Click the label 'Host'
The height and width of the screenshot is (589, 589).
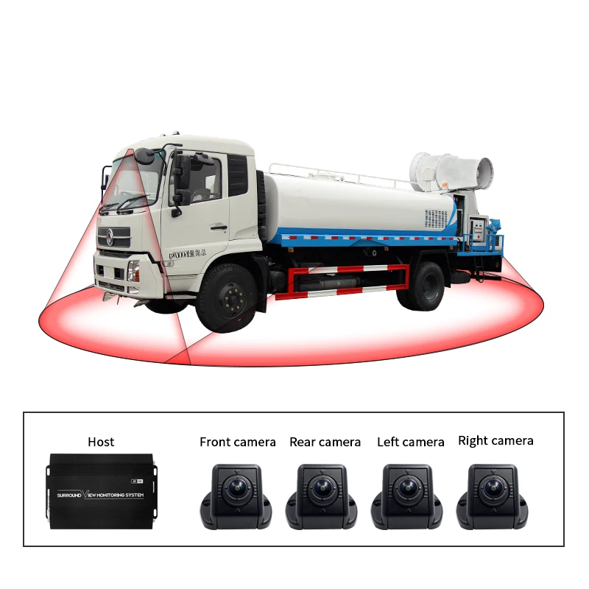101,442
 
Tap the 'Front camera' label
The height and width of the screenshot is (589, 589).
237,442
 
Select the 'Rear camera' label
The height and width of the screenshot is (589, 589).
325,442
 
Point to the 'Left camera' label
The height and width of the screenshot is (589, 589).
410,442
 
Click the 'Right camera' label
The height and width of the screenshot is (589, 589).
495,440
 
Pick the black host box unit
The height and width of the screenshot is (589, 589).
101,491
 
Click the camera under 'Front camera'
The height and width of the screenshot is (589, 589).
236,495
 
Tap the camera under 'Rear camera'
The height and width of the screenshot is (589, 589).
322,495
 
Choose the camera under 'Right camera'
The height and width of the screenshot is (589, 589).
493,495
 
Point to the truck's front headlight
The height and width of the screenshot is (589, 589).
133,270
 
